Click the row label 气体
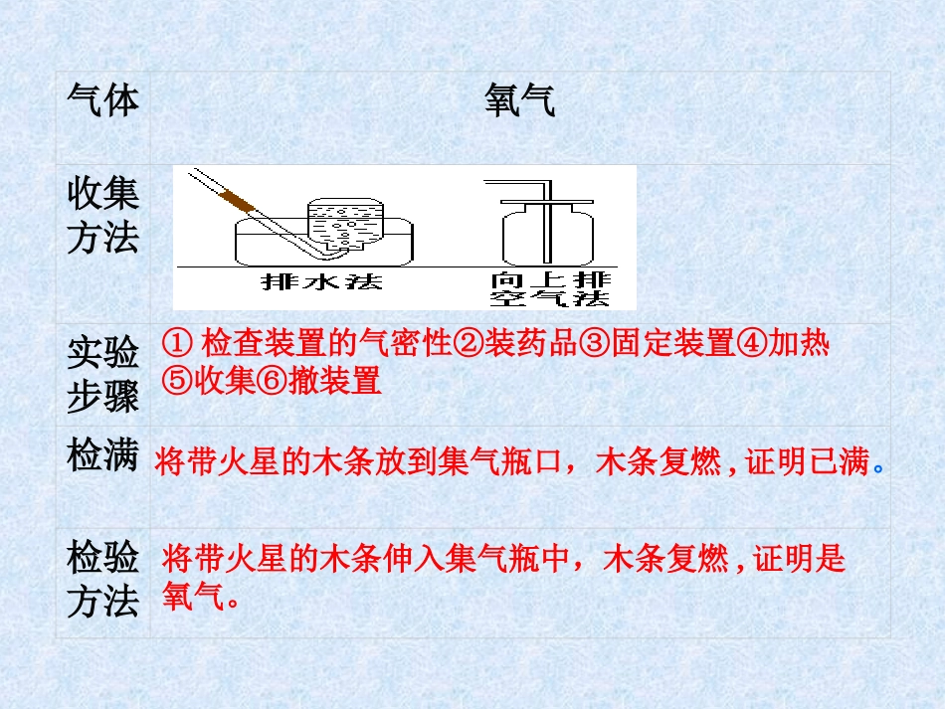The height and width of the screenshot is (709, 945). (x=102, y=100)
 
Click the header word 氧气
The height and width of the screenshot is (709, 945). (x=519, y=100)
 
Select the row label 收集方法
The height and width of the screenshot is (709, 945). (x=102, y=216)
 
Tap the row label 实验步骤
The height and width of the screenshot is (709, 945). (x=102, y=374)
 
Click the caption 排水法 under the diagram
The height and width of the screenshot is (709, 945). (x=308, y=281)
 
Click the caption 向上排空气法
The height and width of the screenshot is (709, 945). (x=549, y=288)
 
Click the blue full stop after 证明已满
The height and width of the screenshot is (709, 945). (x=876, y=465)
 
